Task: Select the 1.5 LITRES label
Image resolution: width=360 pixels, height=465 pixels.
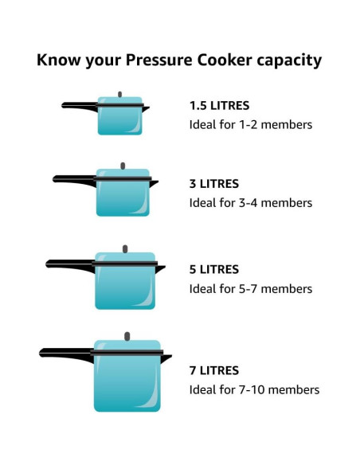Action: pos(219,105)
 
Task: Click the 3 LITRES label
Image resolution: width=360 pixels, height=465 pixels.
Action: pos(214,183)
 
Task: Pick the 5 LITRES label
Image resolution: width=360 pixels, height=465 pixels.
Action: pos(214,269)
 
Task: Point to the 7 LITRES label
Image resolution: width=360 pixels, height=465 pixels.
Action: pos(214,370)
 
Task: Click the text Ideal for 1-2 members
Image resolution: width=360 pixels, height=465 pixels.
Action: pos(251,124)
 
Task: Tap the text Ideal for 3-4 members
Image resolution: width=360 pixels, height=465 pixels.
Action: pos(251,202)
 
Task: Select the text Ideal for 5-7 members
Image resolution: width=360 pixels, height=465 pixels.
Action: pos(251,288)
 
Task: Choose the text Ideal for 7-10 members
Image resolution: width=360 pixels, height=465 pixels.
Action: pos(254,389)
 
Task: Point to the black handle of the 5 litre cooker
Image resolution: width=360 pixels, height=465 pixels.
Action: pos(68,263)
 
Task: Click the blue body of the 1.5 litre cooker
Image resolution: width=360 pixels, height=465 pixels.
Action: pos(119,121)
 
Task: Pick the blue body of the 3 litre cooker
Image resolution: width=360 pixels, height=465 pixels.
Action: pos(122,199)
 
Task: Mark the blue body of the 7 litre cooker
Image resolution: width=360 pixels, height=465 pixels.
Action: pos(126,384)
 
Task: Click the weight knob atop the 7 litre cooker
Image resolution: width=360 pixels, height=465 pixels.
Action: pos(127,336)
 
